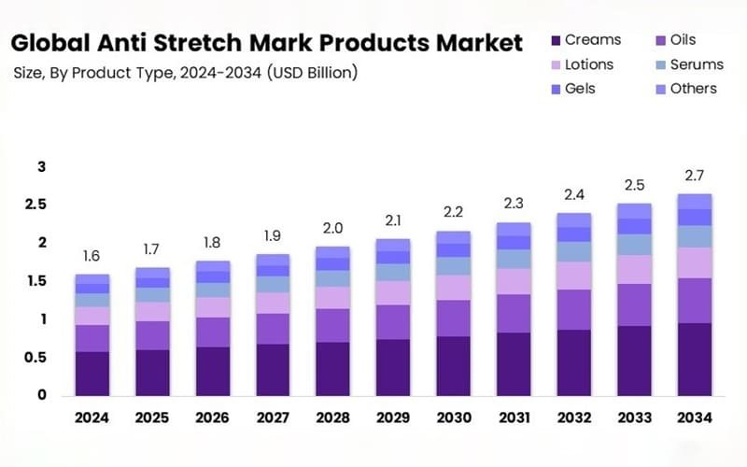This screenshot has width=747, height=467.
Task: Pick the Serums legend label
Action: pos(697,64)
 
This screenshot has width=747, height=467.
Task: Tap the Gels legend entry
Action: pos(580,89)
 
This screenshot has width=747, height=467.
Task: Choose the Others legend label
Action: pos(693,89)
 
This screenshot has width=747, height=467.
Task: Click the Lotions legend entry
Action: pos(589,64)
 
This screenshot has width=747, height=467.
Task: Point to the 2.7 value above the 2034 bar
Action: pos(694,175)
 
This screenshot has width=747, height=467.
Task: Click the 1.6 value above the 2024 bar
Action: pos(92,257)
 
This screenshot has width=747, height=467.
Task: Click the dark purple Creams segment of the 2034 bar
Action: pos(694,359)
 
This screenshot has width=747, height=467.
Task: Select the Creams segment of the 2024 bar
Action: pos(92,374)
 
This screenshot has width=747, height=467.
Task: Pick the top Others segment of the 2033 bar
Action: pos(634,211)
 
